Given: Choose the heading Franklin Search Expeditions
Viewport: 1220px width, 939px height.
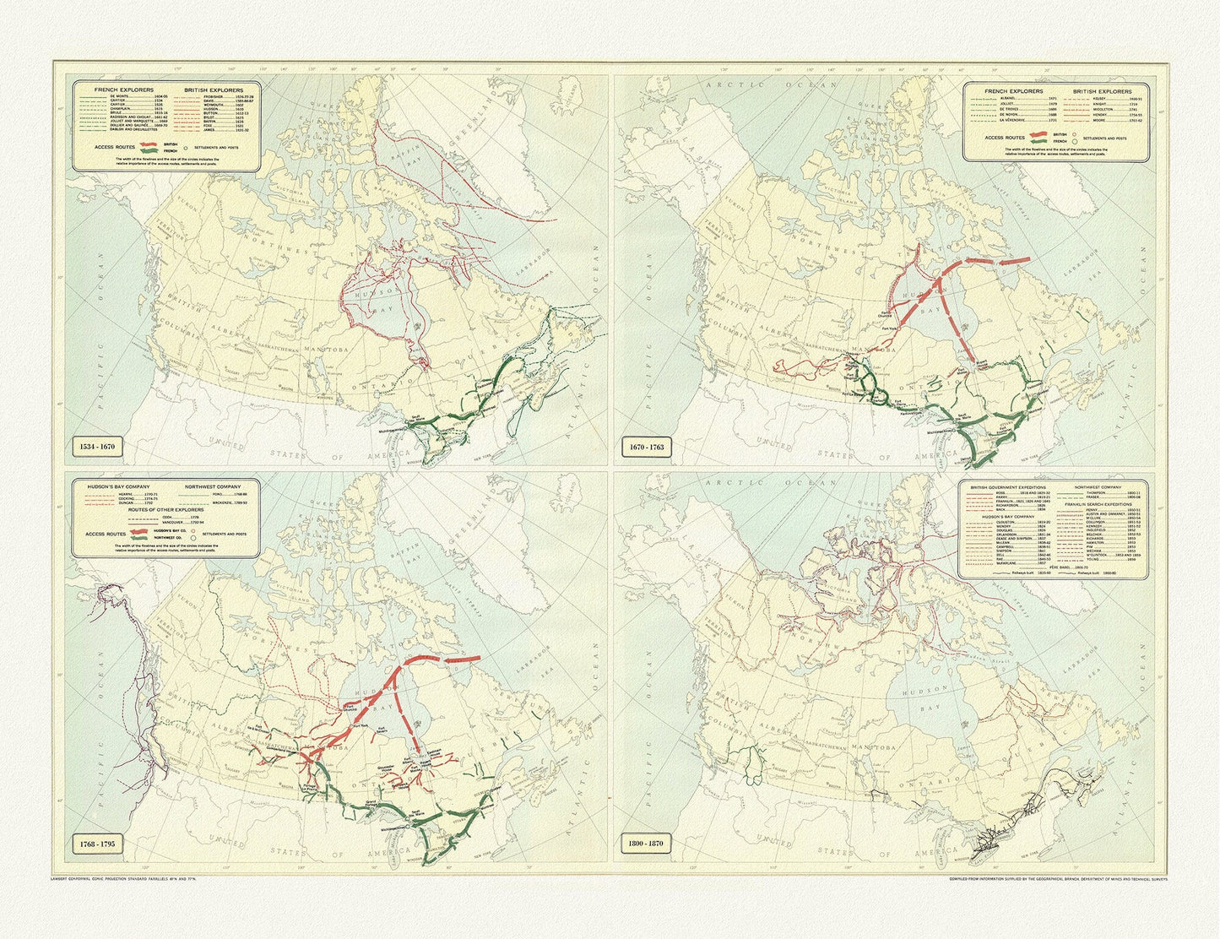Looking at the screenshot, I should [x=1098, y=504].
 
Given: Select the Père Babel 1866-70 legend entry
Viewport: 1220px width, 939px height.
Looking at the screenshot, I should [x=1068, y=567].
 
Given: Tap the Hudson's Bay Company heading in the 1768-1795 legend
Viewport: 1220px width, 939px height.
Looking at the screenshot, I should [x=118, y=487].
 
